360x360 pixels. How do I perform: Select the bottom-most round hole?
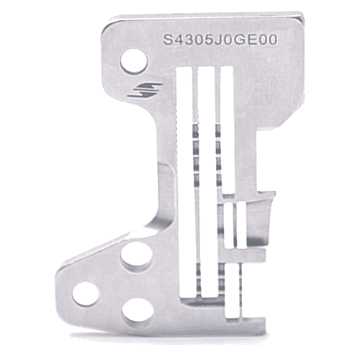[136, 310]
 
